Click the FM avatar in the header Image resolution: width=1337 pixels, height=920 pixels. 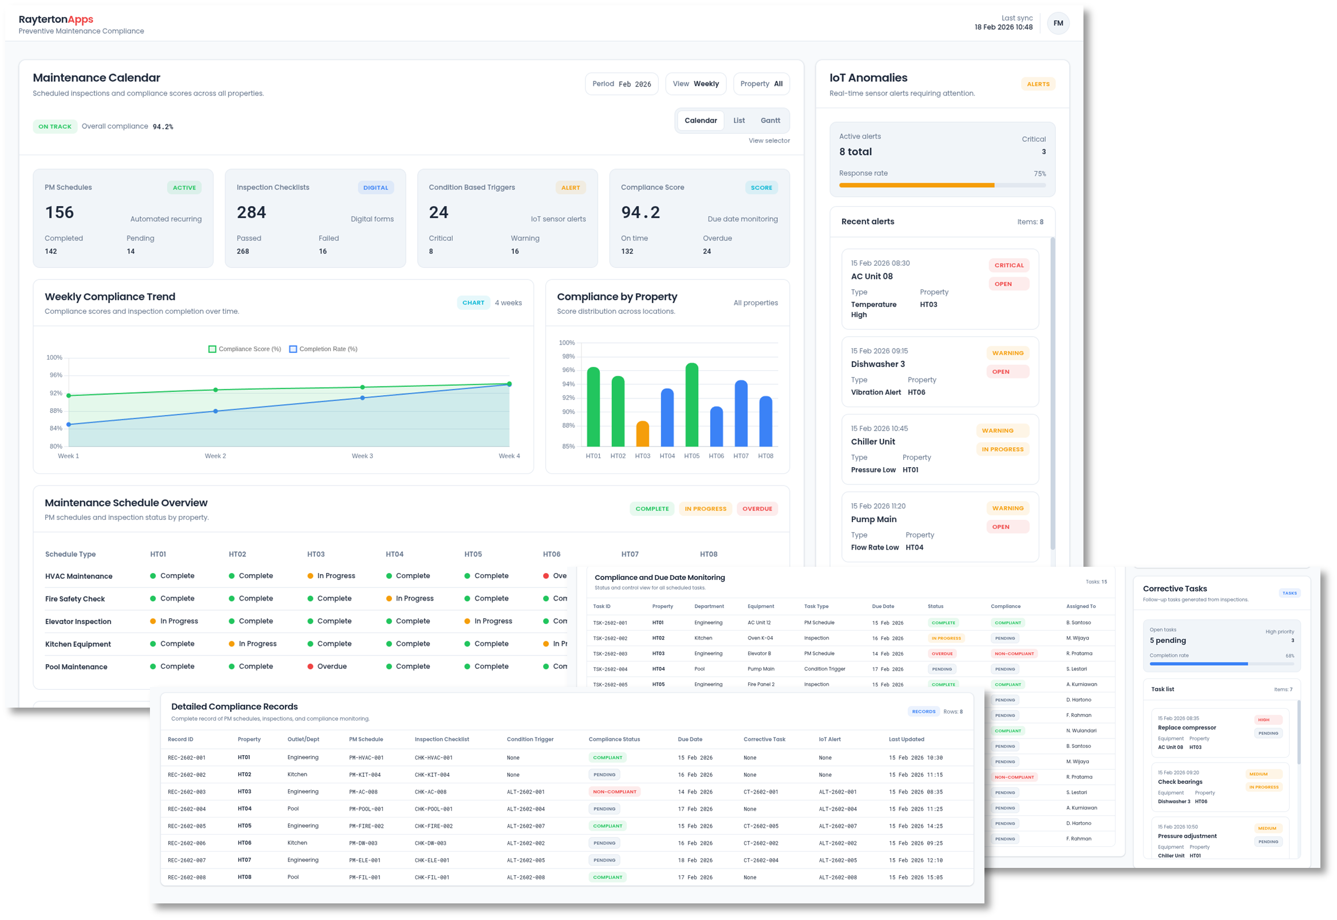click(x=1058, y=23)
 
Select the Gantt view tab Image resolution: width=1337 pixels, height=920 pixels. click(x=770, y=120)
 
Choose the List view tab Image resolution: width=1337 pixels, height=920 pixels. click(x=739, y=120)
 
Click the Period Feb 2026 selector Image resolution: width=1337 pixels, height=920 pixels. click(x=621, y=84)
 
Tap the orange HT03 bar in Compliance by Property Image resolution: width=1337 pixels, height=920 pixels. click(x=643, y=434)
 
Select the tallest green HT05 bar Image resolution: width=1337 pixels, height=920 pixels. click(x=691, y=405)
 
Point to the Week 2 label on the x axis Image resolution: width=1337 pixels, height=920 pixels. click(x=216, y=456)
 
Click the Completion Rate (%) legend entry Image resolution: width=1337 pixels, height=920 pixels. click(x=323, y=349)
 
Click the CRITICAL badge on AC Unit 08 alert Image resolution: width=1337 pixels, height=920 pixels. click(x=1009, y=265)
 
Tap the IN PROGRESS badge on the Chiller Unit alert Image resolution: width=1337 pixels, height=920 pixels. click(x=1003, y=449)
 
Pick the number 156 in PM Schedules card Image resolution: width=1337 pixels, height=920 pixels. click(x=60, y=213)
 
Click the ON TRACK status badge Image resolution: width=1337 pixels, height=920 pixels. click(x=55, y=127)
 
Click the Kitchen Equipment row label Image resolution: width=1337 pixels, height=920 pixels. click(x=78, y=644)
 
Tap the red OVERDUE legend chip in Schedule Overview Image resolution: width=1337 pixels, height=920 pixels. click(x=757, y=509)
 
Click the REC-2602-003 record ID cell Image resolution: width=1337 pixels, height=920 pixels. click(x=187, y=792)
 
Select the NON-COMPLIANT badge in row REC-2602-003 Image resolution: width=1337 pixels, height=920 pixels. click(x=614, y=792)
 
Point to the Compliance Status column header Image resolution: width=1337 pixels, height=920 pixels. click(x=614, y=740)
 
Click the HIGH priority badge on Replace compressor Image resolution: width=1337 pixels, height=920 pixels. click(x=1263, y=720)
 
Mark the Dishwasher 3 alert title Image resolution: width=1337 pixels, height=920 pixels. click(x=878, y=364)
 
